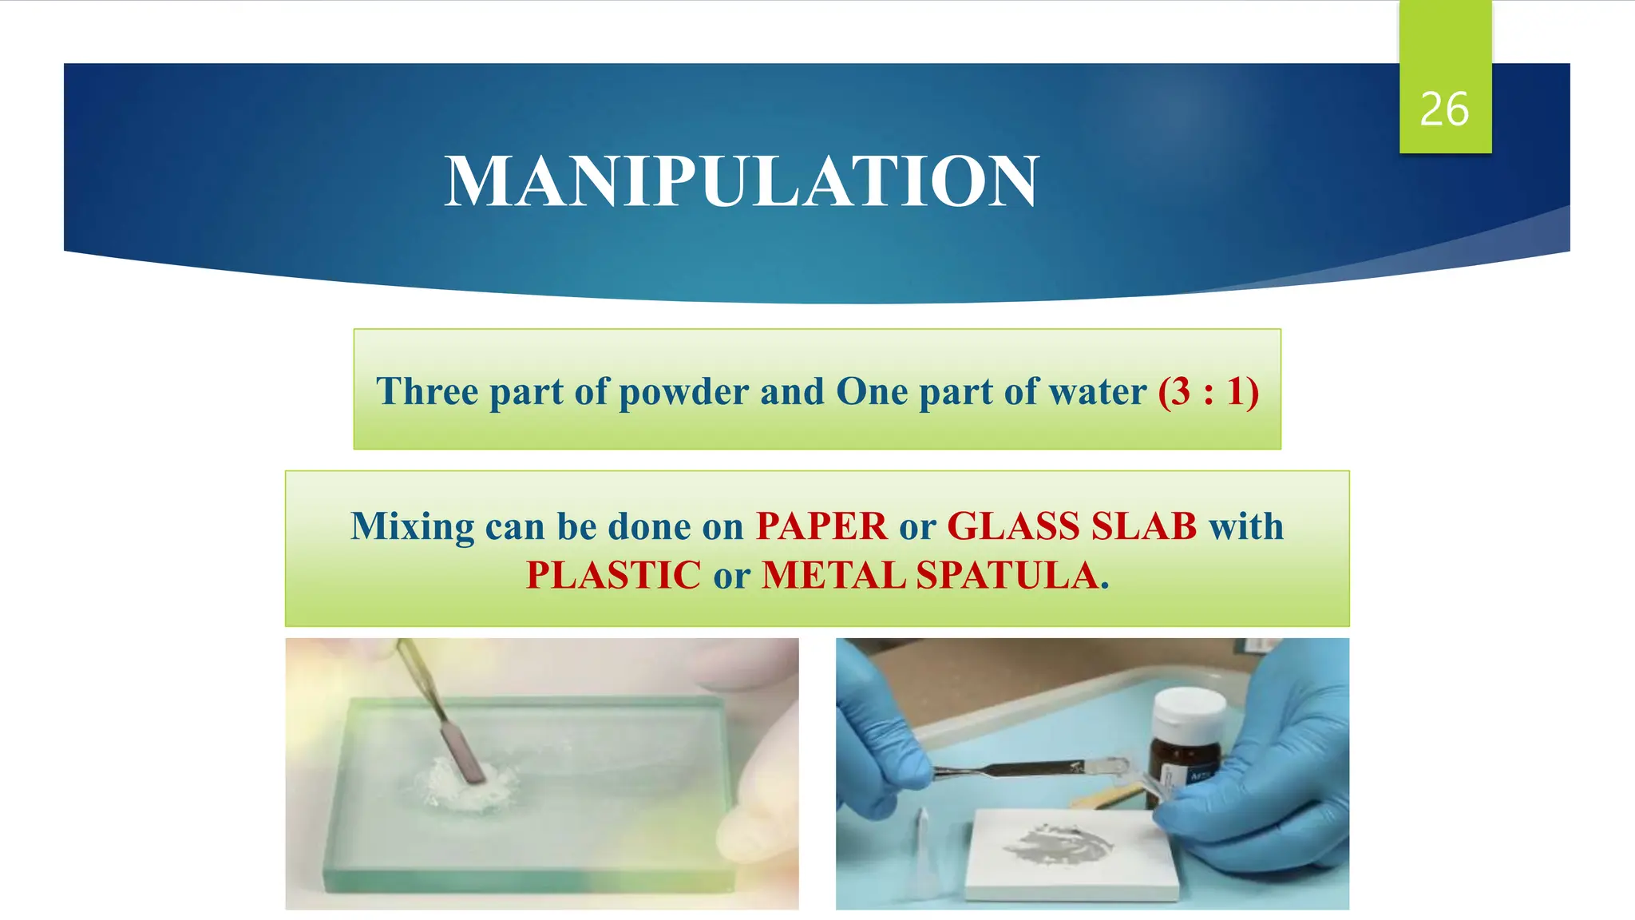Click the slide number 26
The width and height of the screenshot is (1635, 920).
tap(1443, 109)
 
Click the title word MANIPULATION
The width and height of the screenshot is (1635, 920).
tap(742, 182)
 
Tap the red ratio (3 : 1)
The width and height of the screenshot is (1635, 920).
tap(1208, 391)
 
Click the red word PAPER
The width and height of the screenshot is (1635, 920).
tap(821, 526)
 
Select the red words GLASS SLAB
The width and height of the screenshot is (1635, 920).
tap(1071, 526)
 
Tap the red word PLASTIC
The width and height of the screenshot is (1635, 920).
tap(613, 575)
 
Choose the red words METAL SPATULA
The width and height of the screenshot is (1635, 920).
tap(930, 575)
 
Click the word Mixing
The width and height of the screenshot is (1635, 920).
tap(412, 526)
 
